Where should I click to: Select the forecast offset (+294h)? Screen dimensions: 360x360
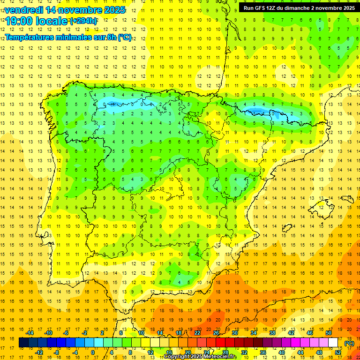click(83, 21)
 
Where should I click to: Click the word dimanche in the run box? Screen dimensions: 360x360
click(308, 8)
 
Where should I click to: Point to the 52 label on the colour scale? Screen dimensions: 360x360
click(338, 352)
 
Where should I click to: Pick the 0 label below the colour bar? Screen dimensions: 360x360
click(93, 352)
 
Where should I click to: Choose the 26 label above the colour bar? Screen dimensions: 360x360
click(216, 333)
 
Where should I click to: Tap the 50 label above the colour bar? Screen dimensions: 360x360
click(328, 333)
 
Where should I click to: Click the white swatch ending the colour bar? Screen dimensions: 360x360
click(333, 343)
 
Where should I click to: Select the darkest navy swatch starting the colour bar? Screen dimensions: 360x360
click(23, 343)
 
